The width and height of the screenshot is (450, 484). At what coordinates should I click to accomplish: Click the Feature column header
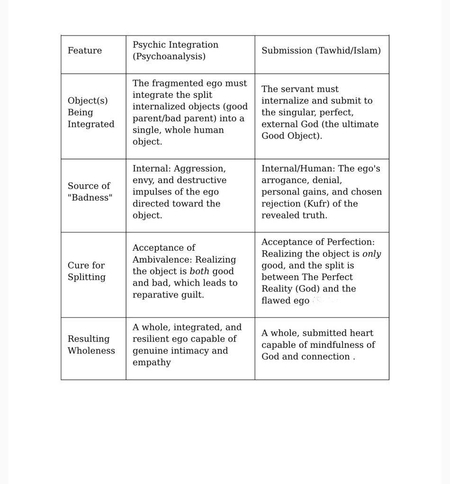coord(85,51)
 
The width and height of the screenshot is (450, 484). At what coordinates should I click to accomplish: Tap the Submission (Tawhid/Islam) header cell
coord(321,51)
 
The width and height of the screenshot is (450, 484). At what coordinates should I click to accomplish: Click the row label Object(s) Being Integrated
coord(91,113)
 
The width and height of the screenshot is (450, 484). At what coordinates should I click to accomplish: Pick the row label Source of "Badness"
coord(90,192)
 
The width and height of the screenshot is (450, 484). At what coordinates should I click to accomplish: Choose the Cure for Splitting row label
coord(87,271)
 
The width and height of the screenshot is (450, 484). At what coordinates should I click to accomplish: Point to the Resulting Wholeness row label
coord(91,345)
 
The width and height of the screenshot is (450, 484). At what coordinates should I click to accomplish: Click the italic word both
coord(199,272)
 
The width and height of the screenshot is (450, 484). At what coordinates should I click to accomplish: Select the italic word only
coord(371,254)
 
